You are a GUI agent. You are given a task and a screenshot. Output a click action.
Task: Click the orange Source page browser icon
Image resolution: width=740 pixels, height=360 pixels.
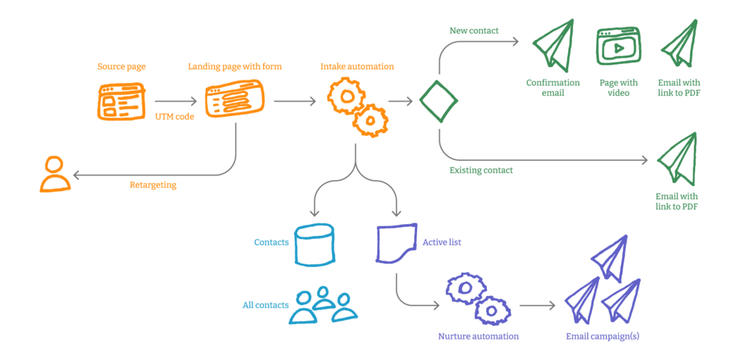[121, 102]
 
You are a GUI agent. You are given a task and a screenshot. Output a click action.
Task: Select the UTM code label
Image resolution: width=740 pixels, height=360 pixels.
[174, 117]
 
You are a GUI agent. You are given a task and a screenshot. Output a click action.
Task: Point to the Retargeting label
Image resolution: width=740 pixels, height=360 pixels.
[153, 185]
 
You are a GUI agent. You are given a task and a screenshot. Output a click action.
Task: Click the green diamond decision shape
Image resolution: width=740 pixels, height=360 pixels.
[439, 102]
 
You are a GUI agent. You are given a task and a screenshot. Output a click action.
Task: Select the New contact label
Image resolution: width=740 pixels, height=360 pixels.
[474, 31]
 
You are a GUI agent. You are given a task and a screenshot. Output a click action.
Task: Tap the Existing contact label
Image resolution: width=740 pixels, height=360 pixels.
[481, 170]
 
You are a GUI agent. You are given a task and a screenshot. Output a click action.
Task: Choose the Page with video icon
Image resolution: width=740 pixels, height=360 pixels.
[618, 47]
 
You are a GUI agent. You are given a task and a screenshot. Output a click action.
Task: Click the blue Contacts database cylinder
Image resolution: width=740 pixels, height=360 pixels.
[314, 245]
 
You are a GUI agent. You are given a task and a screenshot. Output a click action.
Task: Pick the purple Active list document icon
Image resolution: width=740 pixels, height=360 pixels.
[396, 244]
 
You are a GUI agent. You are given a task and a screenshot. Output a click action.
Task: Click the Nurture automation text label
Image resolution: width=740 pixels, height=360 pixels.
[478, 336]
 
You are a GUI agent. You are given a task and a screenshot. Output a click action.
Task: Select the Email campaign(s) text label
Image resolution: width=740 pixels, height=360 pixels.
[602, 336]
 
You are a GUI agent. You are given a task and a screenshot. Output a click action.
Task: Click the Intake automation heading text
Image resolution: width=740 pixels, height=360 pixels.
[357, 67]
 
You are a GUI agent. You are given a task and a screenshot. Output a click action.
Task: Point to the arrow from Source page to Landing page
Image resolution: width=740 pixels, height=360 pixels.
[174, 102]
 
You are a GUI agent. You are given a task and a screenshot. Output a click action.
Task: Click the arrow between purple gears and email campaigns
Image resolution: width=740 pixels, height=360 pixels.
[537, 306]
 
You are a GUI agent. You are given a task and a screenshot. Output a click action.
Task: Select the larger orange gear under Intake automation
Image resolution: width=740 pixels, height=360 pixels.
[347, 96]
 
